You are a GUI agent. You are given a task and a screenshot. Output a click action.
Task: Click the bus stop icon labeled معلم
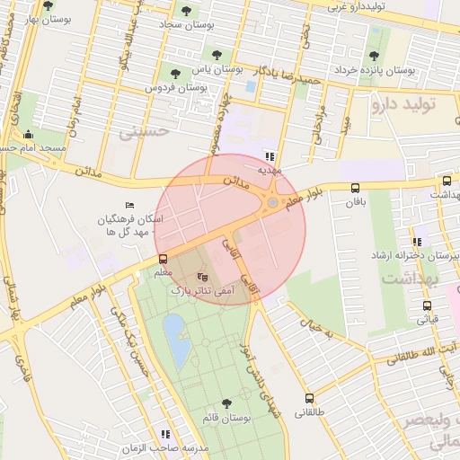tap(163, 259)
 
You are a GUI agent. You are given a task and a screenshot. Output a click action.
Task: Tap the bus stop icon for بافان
tap(356, 189)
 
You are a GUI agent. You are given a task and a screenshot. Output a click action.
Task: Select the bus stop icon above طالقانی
tap(310, 398)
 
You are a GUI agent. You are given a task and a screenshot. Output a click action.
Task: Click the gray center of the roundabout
tap(272, 203)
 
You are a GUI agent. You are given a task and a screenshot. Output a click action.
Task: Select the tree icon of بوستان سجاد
tap(186, 12)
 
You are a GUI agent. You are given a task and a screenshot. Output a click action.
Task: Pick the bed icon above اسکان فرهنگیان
tap(131, 205)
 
